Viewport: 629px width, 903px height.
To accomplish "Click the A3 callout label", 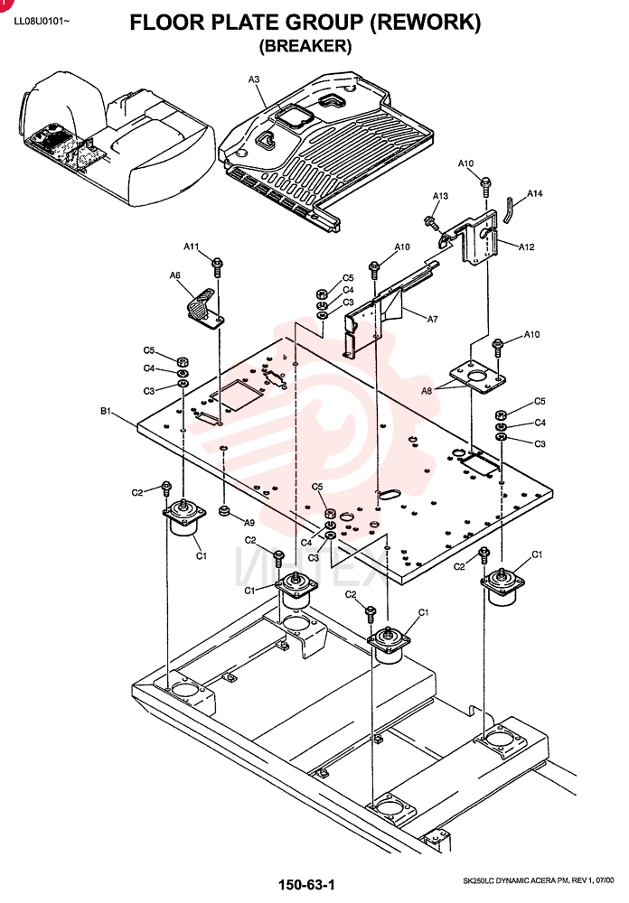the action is pos(254,79).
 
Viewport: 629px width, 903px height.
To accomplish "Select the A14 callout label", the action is pos(534,193).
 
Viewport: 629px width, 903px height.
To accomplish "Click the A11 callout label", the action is pos(192,247).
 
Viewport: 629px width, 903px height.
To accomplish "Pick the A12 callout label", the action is pos(526,247).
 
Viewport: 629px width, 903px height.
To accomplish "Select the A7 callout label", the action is pos(432,319).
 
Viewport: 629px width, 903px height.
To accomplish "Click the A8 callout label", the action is pos(427,391).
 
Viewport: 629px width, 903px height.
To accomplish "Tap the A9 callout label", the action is pos(249,523).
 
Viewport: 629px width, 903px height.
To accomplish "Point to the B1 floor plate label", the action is pos(106,411).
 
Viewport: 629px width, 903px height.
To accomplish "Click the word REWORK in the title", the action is pos(425,23).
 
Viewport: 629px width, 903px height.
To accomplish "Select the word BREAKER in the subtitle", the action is pos(305,45).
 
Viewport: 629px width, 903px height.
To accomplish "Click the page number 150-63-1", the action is pos(306,885).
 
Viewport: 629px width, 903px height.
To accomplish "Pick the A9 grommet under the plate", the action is pos(225,511).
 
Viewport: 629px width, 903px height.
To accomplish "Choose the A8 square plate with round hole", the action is pos(478,377).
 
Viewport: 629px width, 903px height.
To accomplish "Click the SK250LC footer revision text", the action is pos(539,880).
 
